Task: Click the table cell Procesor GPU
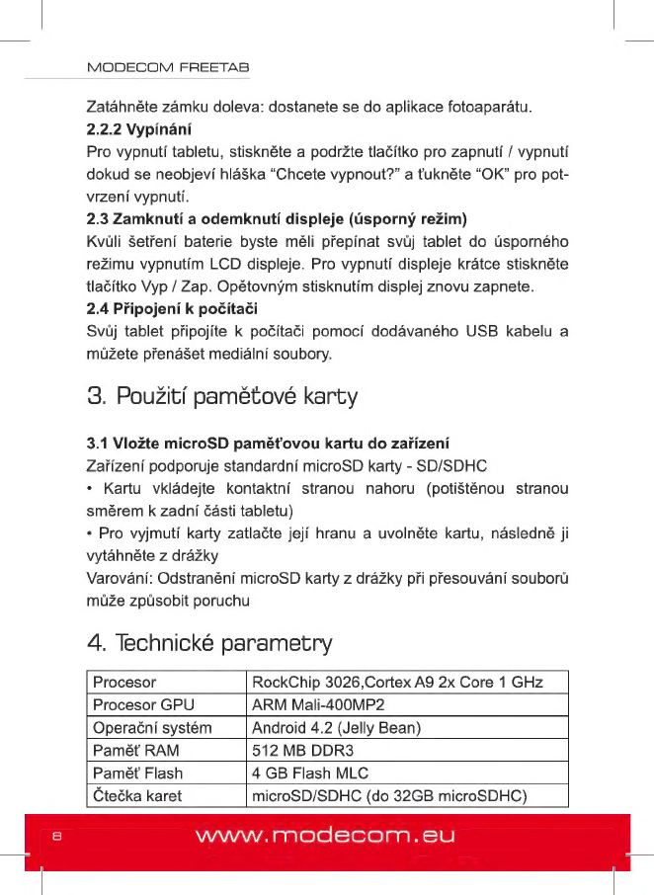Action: point(143,705)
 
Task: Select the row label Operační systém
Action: point(152,728)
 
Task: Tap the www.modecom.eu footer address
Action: point(325,837)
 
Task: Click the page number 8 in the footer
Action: point(57,838)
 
